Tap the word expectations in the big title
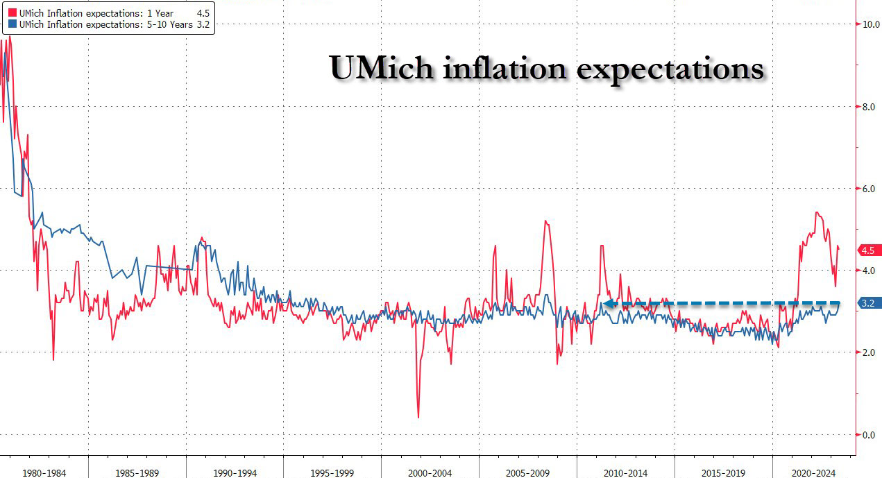point(670,70)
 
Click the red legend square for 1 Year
point(11,13)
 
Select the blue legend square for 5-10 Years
point(11,24)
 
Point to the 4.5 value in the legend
point(203,13)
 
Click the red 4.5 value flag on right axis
point(868,250)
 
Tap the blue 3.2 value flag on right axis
point(868,303)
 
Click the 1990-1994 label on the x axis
point(235,472)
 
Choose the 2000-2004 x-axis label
point(430,472)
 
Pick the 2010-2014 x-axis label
point(625,472)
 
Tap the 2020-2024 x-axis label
point(814,472)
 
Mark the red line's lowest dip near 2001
point(418,417)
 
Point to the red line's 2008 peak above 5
point(546,221)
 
